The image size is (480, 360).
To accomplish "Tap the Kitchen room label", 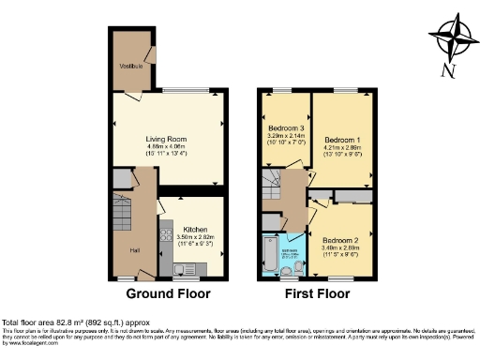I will pyautogui.click(x=195, y=229).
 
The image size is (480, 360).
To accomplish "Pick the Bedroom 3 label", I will pyautogui.click(x=287, y=127).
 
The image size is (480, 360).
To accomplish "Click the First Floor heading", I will pyautogui.click(x=321, y=293).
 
